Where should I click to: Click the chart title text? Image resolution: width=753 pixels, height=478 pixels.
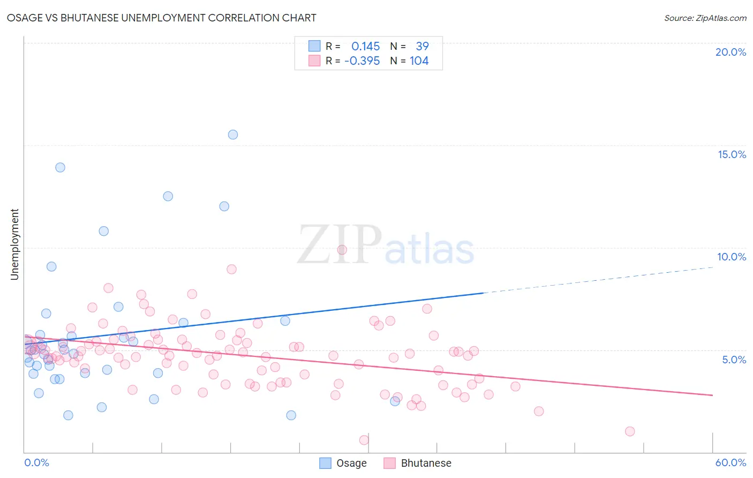[161, 18]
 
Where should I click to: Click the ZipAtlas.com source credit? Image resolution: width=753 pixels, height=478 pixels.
[705, 18]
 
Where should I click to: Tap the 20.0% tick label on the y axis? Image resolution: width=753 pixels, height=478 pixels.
[731, 52]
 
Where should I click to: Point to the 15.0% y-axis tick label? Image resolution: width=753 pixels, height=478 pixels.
[732, 154]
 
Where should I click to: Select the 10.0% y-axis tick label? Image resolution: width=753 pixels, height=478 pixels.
[732, 257]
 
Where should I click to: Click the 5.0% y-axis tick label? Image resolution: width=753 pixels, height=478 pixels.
[734, 360]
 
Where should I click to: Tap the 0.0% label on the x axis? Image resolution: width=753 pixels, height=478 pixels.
[36, 462]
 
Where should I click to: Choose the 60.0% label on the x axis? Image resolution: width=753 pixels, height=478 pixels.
[731, 462]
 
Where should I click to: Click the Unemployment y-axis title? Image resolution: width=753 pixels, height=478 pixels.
[14, 244]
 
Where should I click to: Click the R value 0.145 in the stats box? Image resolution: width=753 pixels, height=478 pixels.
[366, 47]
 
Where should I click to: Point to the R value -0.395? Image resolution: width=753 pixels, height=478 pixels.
[362, 61]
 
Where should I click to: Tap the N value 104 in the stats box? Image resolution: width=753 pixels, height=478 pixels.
[419, 61]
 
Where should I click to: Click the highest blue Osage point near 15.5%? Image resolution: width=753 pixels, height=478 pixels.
[233, 135]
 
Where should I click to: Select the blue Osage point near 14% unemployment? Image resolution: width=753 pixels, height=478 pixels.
[61, 167]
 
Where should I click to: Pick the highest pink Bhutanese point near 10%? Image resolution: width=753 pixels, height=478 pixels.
[342, 250]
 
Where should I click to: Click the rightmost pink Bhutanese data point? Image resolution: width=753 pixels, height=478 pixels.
[630, 431]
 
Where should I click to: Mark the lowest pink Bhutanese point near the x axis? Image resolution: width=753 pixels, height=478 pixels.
[364, 440]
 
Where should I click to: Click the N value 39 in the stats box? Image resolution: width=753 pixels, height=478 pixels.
[422, 47]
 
